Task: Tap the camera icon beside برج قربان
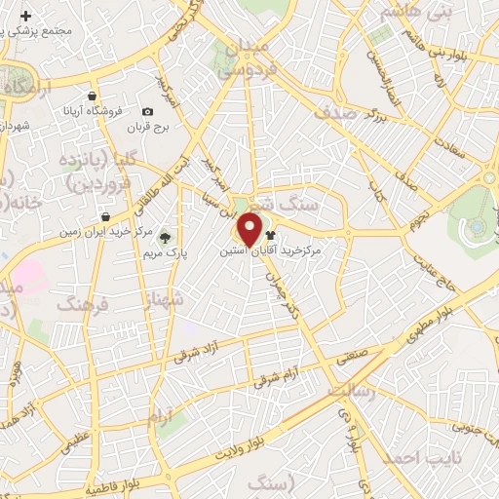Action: click(147, 112)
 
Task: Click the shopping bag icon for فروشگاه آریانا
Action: click(92, 97)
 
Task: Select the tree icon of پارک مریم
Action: click(165, 236)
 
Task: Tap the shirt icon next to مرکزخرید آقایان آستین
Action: click(270, 235)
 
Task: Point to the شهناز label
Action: click(164, 301)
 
